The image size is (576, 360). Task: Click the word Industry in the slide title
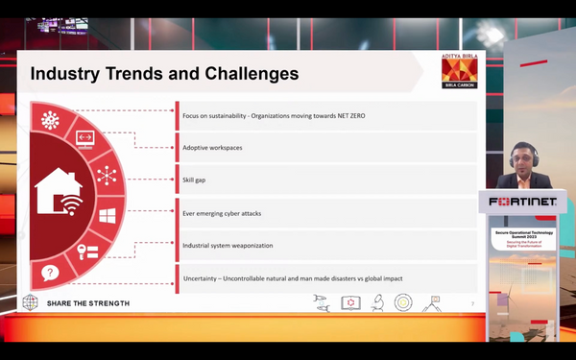(66, 74)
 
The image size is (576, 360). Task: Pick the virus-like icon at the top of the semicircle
(51, 120)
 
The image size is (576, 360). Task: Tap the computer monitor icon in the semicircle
(84, 140)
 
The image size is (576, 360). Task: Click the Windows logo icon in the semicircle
(107, 215)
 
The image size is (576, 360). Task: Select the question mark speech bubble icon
(50, 273)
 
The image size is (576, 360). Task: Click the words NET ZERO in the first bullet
(344, 116)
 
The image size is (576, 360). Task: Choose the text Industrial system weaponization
(228, 246)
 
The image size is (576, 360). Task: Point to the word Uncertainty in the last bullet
(203, 279)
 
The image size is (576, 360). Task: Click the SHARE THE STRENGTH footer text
(87, 303)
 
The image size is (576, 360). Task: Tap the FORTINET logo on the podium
(522, 203)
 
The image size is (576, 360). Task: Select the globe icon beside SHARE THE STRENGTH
(31, 303)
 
